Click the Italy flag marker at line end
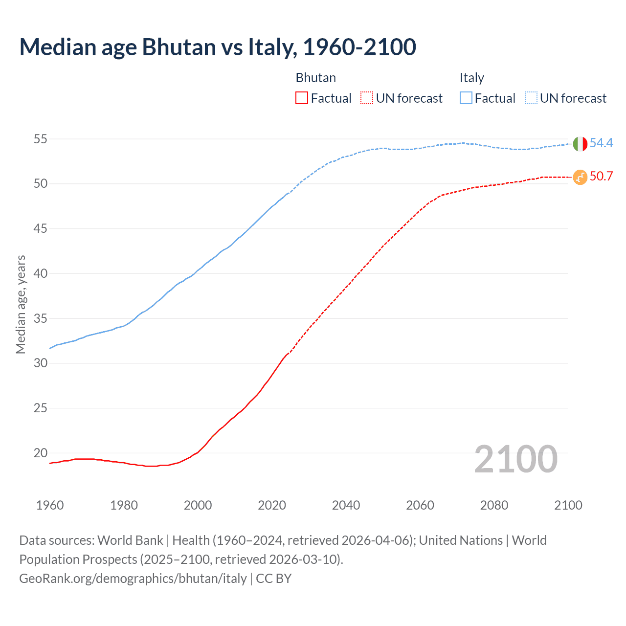tap(580, 144)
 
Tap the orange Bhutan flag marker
tap(580, 177)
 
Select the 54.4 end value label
tap(601, 143)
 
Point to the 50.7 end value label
tap(601, 176)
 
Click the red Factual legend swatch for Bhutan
tap(302, 98)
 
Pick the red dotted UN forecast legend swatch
tap(367, 98)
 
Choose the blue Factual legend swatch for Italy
tap(466, 98)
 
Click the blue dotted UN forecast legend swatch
tap(531, 98)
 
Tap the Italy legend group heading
tap(471, 78)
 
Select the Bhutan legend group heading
tap(315, 78)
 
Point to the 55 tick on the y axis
tap(40, 139)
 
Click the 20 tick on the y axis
tap(40, 453)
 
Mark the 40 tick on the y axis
tap(40, 273)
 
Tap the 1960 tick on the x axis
tap(50, 505)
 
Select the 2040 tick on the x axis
tap(346, 505)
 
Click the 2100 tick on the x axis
tap(568, 505)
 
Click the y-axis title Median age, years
tap(21, 304)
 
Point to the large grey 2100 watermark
tap(515, 459)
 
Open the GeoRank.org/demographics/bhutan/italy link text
tap(133, 579)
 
